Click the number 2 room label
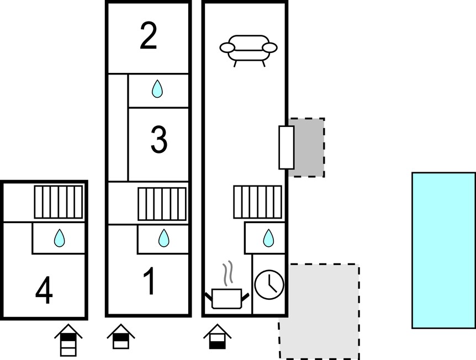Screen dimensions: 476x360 [x=148, y=36]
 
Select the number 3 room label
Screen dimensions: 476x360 [x=159, y=140]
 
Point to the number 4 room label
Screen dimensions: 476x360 [x=44, y=290]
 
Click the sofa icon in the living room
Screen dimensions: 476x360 [x=248, y=50]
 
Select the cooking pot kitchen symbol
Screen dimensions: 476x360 [x=227, y=299]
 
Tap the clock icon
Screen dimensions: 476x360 [x=269, y=285]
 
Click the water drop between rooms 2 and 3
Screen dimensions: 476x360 [x=157, y=89]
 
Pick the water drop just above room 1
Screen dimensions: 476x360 [x=163, y=237]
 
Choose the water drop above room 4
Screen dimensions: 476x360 [x=59, y=237]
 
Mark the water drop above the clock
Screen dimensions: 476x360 [x=268, y=237]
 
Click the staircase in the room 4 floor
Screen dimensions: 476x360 [x=59, y=202]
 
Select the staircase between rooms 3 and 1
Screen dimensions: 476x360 [x=162, y=204]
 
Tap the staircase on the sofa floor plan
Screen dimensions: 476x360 [x=258, y=202]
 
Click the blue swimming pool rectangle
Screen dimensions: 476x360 [x=444, y=251]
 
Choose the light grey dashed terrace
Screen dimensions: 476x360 [x=319, y=311]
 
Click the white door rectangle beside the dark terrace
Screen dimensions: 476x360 [x=286, y=147]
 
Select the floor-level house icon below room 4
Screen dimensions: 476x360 [x=68, y=340]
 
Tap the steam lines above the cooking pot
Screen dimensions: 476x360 [x=228, y=273]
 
